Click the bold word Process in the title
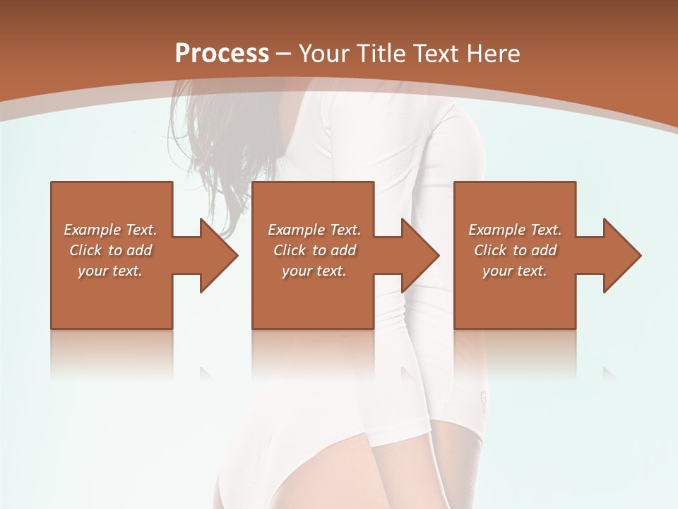coord(222,54)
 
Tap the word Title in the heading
coord(382,54)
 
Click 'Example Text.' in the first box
coord(110,230)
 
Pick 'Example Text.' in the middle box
coord(314,230)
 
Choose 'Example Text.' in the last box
coord(515,230)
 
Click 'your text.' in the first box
coord(110,271)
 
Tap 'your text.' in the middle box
coord(314,271)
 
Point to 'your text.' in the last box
coord(515,271)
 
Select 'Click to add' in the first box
coord(110,250)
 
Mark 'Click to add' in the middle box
coord(314,250)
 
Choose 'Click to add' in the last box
coord(515,250)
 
